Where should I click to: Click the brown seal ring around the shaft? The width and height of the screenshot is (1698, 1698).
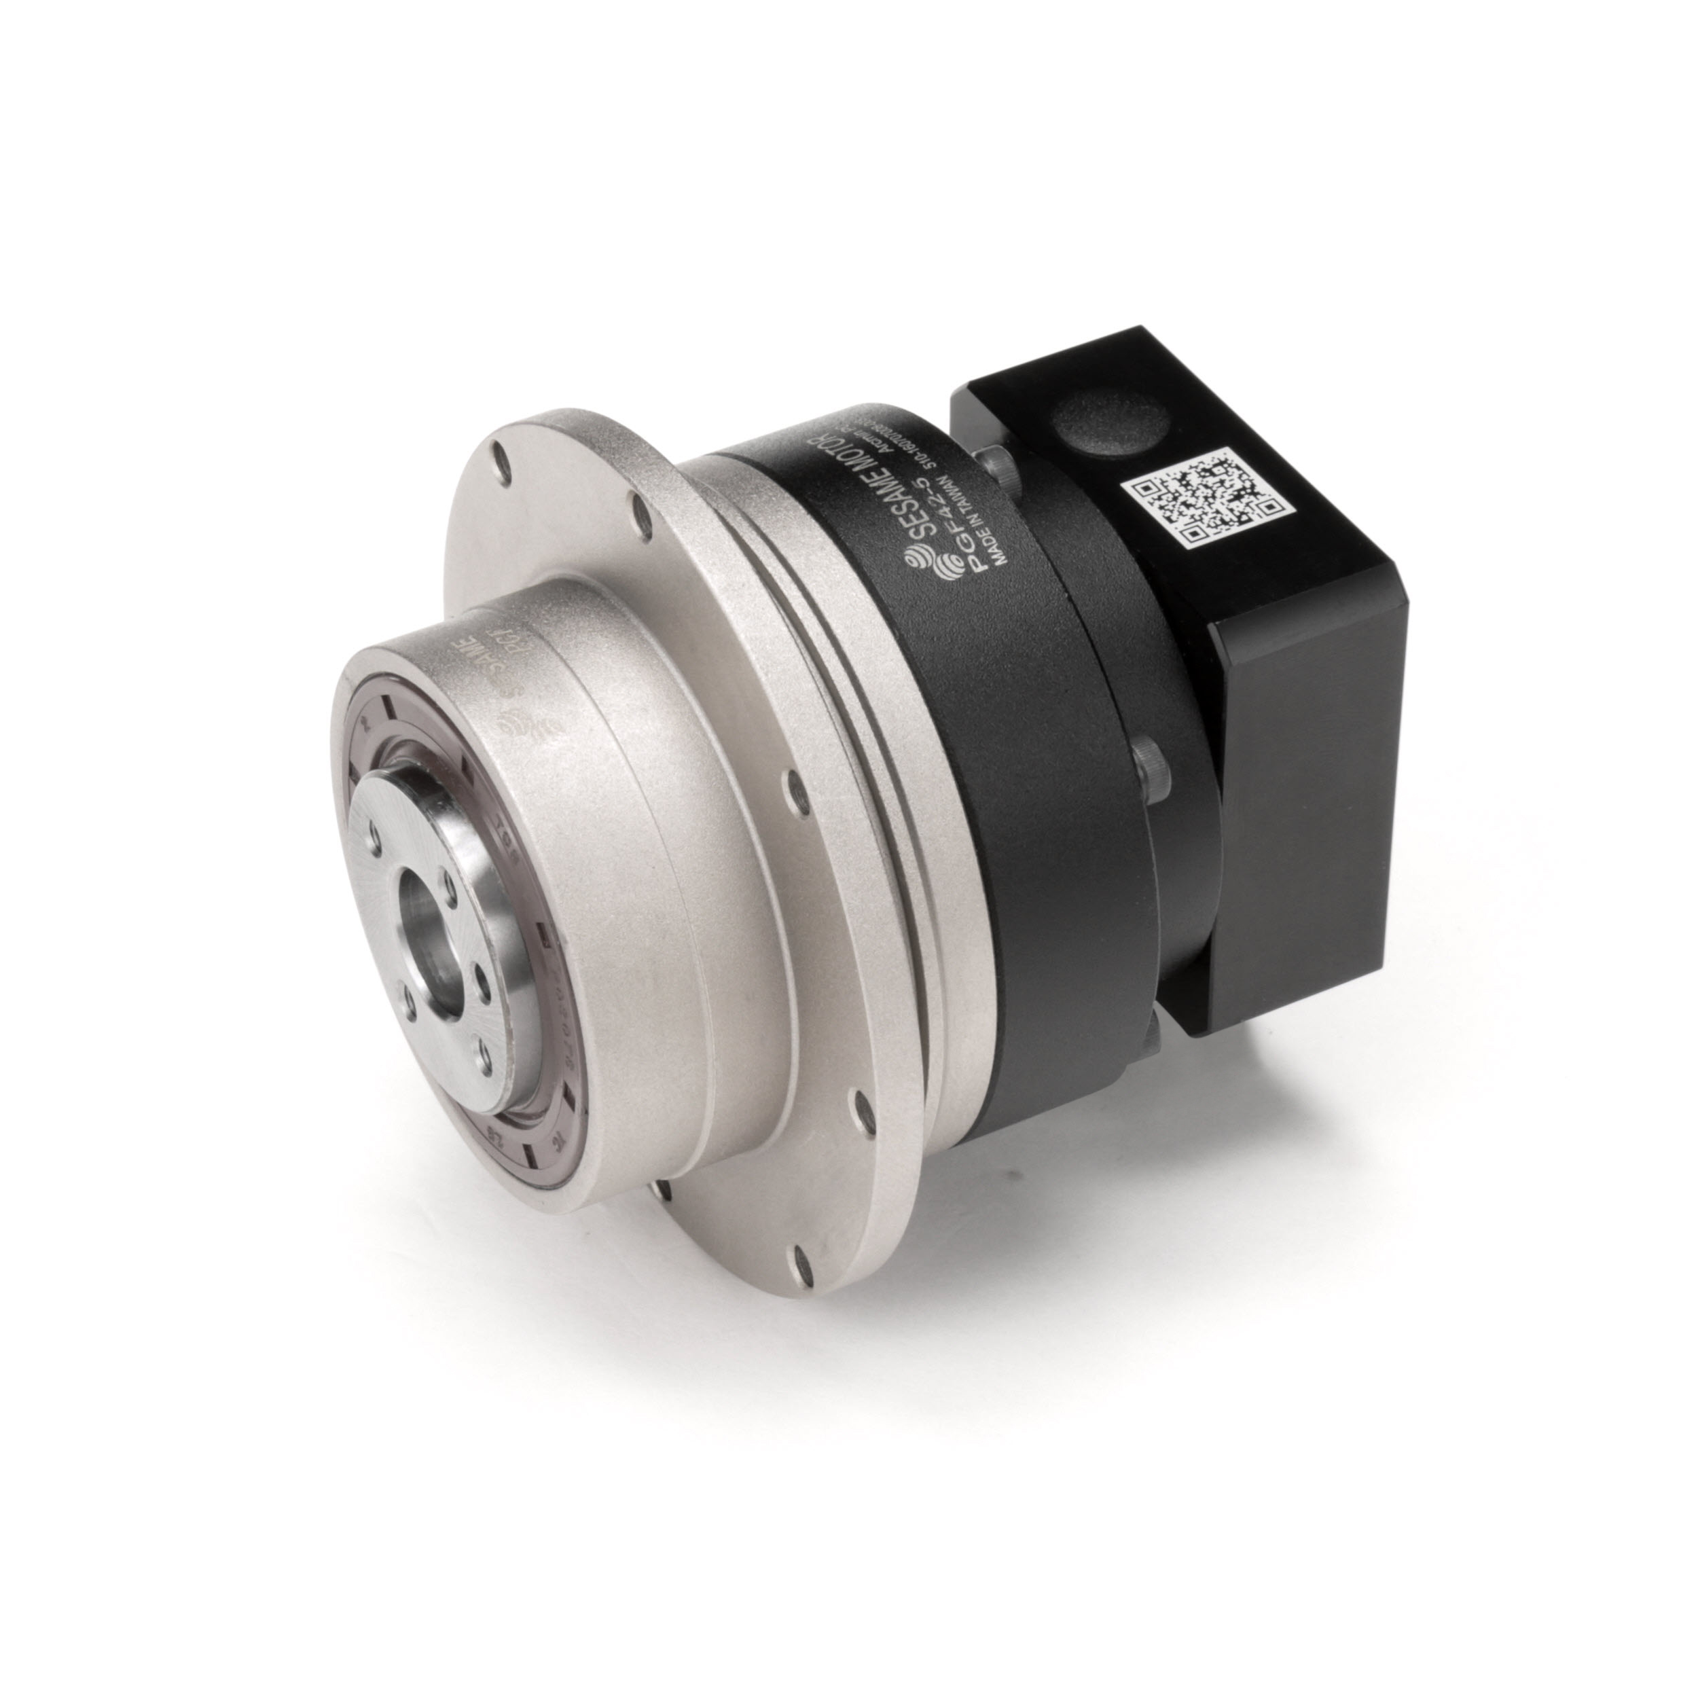(369, 756)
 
